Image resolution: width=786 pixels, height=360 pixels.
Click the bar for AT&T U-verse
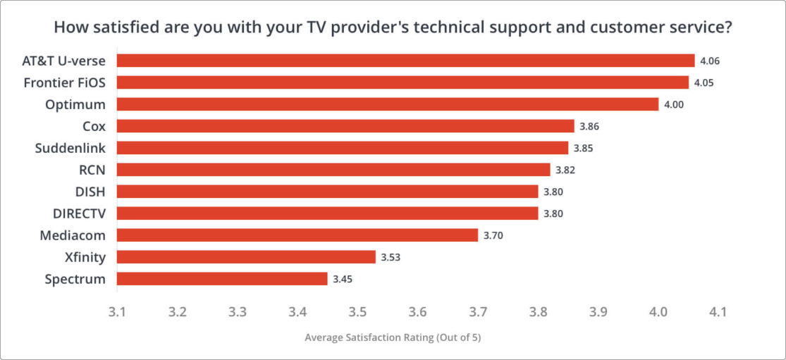[x=405, y=61]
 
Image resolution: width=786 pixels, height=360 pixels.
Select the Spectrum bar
[x=221, y=279]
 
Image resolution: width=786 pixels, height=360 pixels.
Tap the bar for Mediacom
[x=297, y=235]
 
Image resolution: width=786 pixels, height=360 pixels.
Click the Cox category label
[x=93, y=126]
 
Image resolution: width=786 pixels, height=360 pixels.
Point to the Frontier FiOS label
[x=64, y=82]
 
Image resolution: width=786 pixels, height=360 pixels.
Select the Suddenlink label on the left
[x=70, y=148]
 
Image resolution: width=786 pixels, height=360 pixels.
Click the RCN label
[x=92, y=170]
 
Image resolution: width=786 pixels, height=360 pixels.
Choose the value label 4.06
[x=709, y=61]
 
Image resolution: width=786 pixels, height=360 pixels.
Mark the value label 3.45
[x=342, y=280]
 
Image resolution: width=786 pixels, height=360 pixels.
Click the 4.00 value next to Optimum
[x=673, y=105]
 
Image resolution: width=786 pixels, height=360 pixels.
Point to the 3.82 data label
[x=565, y=170]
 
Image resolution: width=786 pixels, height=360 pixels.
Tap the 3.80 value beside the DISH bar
[x=553, y=192]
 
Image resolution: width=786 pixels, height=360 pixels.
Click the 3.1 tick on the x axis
[x=117, y=311]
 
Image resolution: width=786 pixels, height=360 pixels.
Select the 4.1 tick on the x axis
[x=718, y=311]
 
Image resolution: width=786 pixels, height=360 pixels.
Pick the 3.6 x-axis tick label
[x=417, y=311]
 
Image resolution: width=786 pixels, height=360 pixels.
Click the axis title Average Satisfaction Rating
[x=393, y=337]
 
